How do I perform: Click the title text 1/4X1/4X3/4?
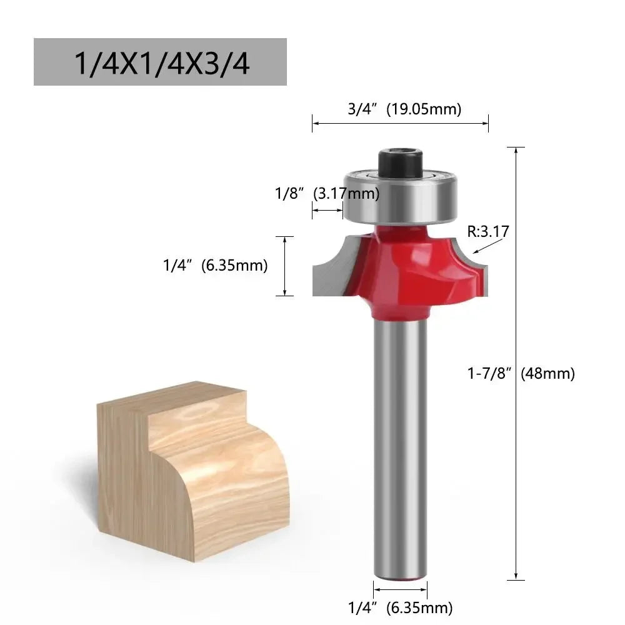click(x=160, y=62)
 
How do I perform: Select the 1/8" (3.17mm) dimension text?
click(x=327, y=194)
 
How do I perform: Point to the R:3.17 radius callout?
click(x=488, y=231)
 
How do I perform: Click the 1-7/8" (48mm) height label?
click(x=520, y=374)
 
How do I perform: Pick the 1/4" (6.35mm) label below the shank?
click(x=400, y=607)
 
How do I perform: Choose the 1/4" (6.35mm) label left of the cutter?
click(x=215, y=266)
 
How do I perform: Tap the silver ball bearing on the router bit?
click(x=400, y=194)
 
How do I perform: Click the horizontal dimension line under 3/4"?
click(x=400, y=123)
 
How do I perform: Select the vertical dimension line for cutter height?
click(x=285, y=266)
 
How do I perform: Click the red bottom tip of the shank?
click(x=400, y=577)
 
